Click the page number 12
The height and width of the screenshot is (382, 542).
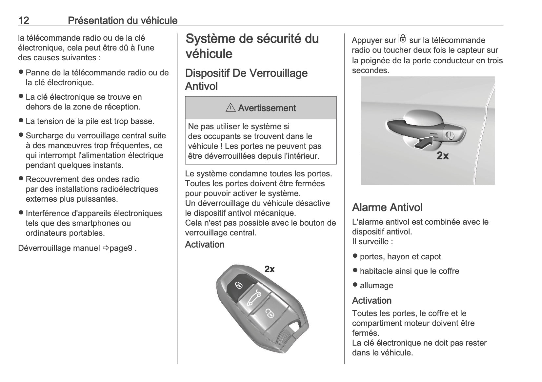click(24, 21)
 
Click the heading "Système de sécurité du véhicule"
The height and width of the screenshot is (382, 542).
click(252, 46)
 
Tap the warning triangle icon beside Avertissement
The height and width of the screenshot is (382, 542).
click(231, 108)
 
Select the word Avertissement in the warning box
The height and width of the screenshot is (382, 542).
click(267, 108)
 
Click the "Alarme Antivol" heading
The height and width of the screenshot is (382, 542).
click(387, 207)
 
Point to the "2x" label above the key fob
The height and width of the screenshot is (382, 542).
click(270, 269)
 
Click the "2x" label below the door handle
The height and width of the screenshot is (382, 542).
click(443, 156)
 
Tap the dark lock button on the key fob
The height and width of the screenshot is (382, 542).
click(238, 285)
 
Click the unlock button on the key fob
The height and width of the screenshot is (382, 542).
click(270, 313)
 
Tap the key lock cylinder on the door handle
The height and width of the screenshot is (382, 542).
click(450, 134)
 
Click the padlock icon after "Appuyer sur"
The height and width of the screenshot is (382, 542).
click(403, 39)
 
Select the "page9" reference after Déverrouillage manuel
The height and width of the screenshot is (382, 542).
click(121, 248)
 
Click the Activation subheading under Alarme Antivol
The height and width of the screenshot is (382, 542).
click(371, 300)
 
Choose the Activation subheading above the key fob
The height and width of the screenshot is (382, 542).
click(205, 244)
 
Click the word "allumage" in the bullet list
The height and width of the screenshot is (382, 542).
click(376, 285)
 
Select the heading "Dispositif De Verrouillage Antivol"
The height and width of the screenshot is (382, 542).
click(246, 79)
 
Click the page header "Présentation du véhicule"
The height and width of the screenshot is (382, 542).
click(122, 21)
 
